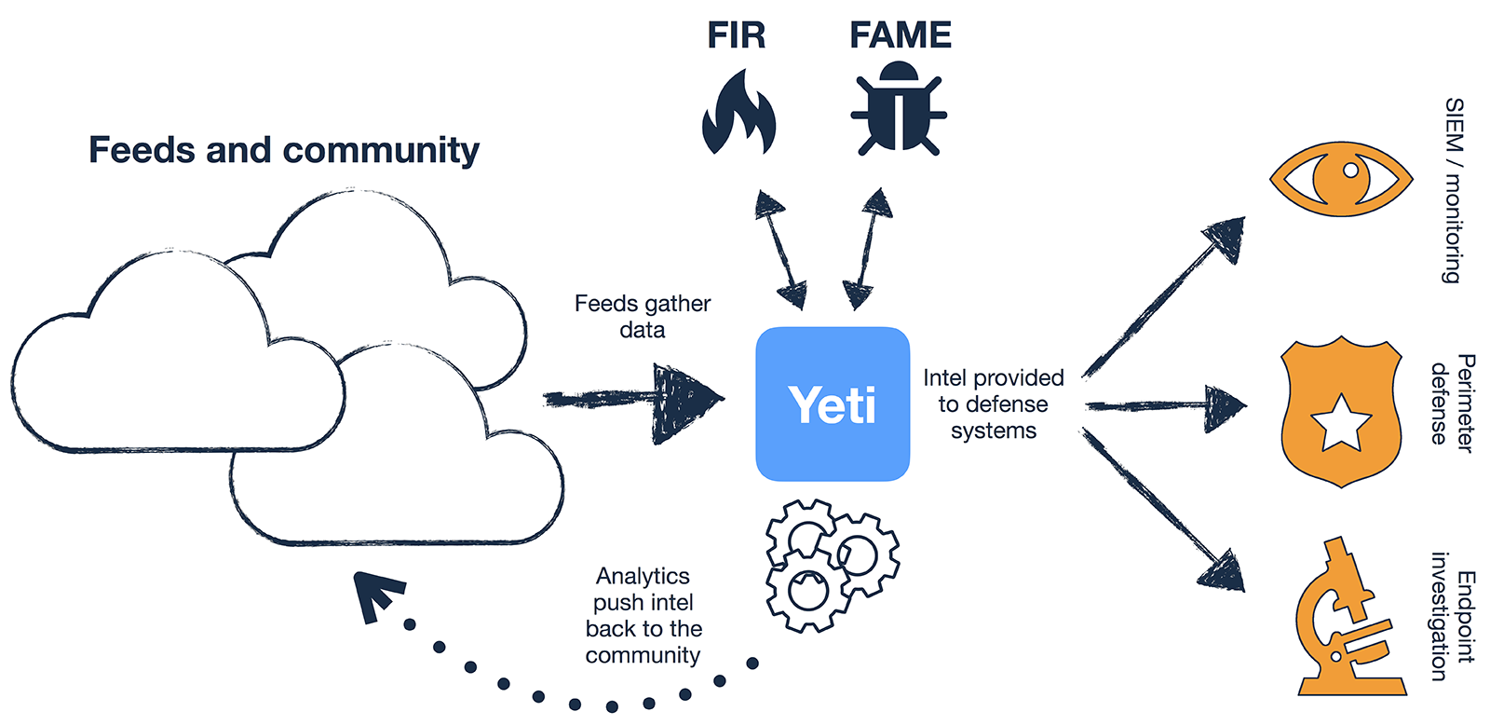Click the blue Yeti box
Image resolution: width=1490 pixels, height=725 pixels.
pyautogui.click(x=833, y=404)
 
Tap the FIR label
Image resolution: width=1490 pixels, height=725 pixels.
pyautogui.click(x=736, y=35)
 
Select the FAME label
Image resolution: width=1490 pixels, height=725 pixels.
pyautogui.click(x=900, y=35)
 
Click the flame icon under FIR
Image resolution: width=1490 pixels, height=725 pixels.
pyautogui.click(x=738, y=113)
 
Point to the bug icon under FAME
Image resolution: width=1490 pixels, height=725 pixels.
pyautogui.click(x=899, y=108)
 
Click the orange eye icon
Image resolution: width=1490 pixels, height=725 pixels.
pyautogui.click(x=1341, y=179)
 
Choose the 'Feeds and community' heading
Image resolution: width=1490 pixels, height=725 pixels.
pyautogui.click(x=284, y=150)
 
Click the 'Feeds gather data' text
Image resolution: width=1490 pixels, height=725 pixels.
pyautogui.click(x=643, y=317)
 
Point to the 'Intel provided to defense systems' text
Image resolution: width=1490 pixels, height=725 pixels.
pyautogui.click(x=994, y=404)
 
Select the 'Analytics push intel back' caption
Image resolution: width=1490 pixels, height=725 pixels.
pyautogui.click(x=643, y=615)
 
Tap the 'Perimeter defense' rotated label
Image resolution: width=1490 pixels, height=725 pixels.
pyautogui.click(x=1452, y=403)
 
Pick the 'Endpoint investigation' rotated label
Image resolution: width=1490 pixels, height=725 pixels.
pyautogui.click(x=1452, y=617)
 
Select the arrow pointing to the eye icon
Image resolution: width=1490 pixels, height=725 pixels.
pyautogui.click(x=1164, y=296)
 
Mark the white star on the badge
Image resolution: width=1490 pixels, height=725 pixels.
pyautogui.click(x=1341, y=421)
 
